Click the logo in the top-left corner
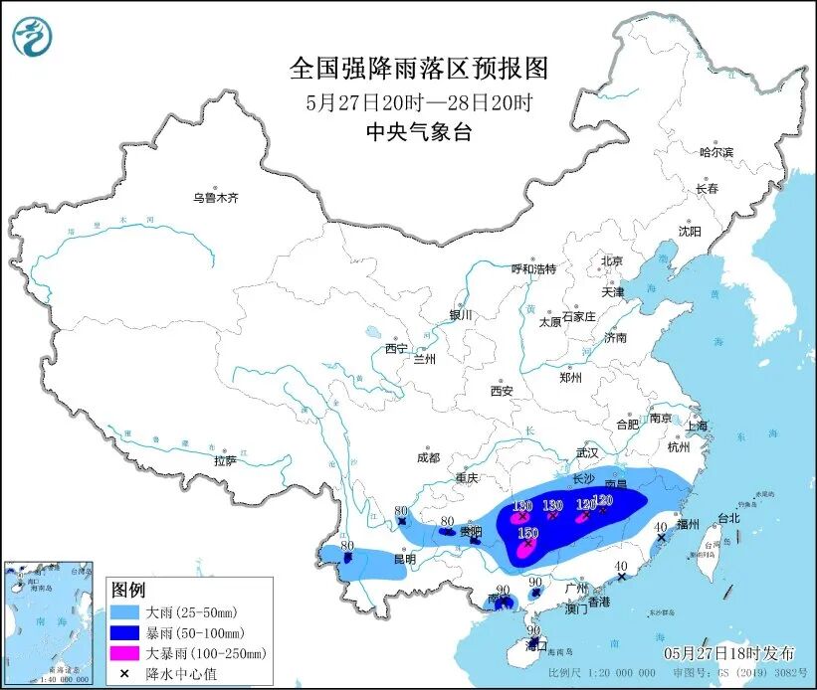[x=32, y=37]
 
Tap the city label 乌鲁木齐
[x=216, y=198]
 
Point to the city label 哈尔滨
[x=715, y=152]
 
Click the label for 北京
[x=611, y=261]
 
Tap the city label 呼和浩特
[x=533, y=268]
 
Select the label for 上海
[x=697, y=427]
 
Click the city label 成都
[x=427, y=458]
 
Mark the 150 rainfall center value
[x=527, y=533]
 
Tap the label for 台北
[x=728, y=518]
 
